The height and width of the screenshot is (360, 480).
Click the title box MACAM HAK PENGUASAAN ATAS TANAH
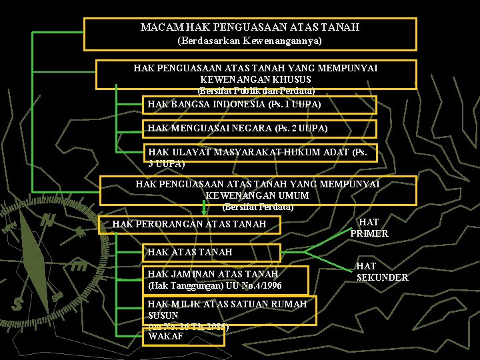[250, 27]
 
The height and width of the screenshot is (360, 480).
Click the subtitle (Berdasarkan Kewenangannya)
[250, 41]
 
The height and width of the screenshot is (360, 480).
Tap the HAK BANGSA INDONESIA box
[260, 105]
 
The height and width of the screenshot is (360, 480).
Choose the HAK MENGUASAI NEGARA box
[260, 128]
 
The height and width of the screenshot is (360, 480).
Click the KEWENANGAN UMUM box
[258, 189]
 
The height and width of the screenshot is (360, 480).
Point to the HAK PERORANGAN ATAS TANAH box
[189, 224]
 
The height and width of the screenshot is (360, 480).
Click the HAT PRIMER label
[369, 227]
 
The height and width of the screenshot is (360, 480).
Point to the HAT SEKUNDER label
[382, 272]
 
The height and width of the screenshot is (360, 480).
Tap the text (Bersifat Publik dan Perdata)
[257, 90]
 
